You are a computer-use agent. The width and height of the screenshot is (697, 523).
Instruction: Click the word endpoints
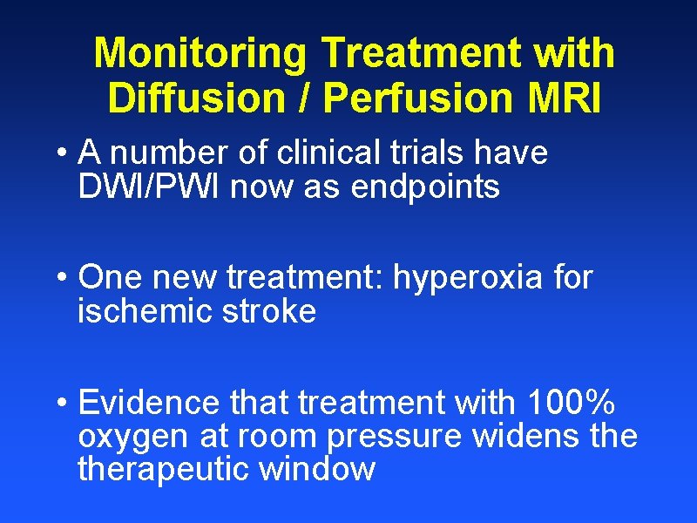(x=426, y=187)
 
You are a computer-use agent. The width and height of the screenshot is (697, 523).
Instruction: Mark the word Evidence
(x=149, y=404)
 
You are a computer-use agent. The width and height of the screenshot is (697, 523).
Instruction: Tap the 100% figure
(x=571, y=404)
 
